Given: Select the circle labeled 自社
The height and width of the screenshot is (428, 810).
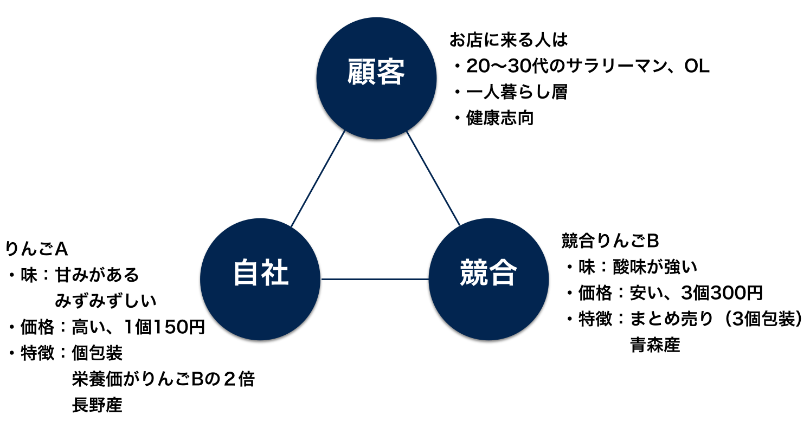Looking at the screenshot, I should click(261, 279).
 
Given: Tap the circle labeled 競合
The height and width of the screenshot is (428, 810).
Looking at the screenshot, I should click(488, 279).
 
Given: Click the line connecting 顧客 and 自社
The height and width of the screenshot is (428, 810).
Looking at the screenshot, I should click(318, 178).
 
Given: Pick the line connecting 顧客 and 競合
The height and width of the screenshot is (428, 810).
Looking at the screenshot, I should click(433, 178).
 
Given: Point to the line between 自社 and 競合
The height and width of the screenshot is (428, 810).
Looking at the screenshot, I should click(375, 279).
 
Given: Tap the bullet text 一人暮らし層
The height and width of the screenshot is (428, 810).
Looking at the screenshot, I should click(517, 92).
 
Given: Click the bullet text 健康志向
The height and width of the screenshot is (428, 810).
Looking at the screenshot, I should click(500, 118).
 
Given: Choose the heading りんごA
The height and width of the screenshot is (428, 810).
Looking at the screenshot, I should click(36, 249).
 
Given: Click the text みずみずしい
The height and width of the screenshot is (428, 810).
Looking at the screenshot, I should click(106, 301).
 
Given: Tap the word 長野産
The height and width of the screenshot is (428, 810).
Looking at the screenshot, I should click(97, 405).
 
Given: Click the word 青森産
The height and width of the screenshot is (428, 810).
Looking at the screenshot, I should click(655, 345).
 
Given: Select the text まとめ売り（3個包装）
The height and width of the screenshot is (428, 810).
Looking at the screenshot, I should click(715, 319).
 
